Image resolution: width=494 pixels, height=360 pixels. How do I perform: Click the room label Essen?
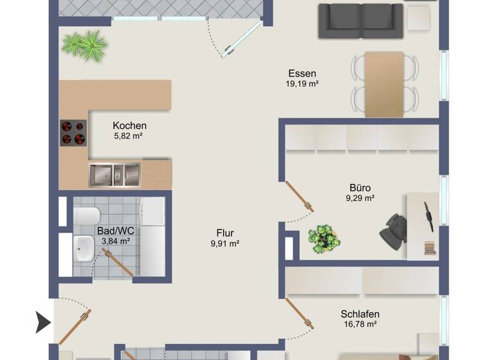pyautogui.click(x=302, y=73)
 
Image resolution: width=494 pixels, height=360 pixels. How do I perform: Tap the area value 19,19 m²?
pyautogui.click(x=302, y=84)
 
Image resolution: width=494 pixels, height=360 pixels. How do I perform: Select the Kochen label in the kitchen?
pyautogui.click(x=129, y=125)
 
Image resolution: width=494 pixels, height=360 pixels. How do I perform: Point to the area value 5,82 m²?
pyautogui.click(x=127, y=136)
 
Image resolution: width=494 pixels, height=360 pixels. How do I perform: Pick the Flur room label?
pyautogui.click(x=224, y=233)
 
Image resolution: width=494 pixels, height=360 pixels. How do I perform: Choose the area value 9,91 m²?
pyautogui.click(x=224, y=244)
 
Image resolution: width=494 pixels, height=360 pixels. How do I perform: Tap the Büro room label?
pyautogui.click(x=360, y=188)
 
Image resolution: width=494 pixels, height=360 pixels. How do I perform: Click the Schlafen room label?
pyautogui.click(x=360, y=314)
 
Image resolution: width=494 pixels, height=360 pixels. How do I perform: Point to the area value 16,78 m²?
pyautogui.click(x=360, y=324)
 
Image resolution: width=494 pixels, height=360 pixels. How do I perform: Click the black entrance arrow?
pyautogui.click(x=43, y=321)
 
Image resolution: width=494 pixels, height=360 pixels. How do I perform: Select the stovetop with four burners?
pyautogui.click(x=73, y=133)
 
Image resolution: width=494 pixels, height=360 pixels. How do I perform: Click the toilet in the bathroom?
pyautogui.click(x=87, y=215)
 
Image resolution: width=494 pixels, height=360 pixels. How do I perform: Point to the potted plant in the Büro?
pyautogui.click(x=324, y=239)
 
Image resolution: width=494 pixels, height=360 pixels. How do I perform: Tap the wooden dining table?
pyautogui.click(x=384, y=84)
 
